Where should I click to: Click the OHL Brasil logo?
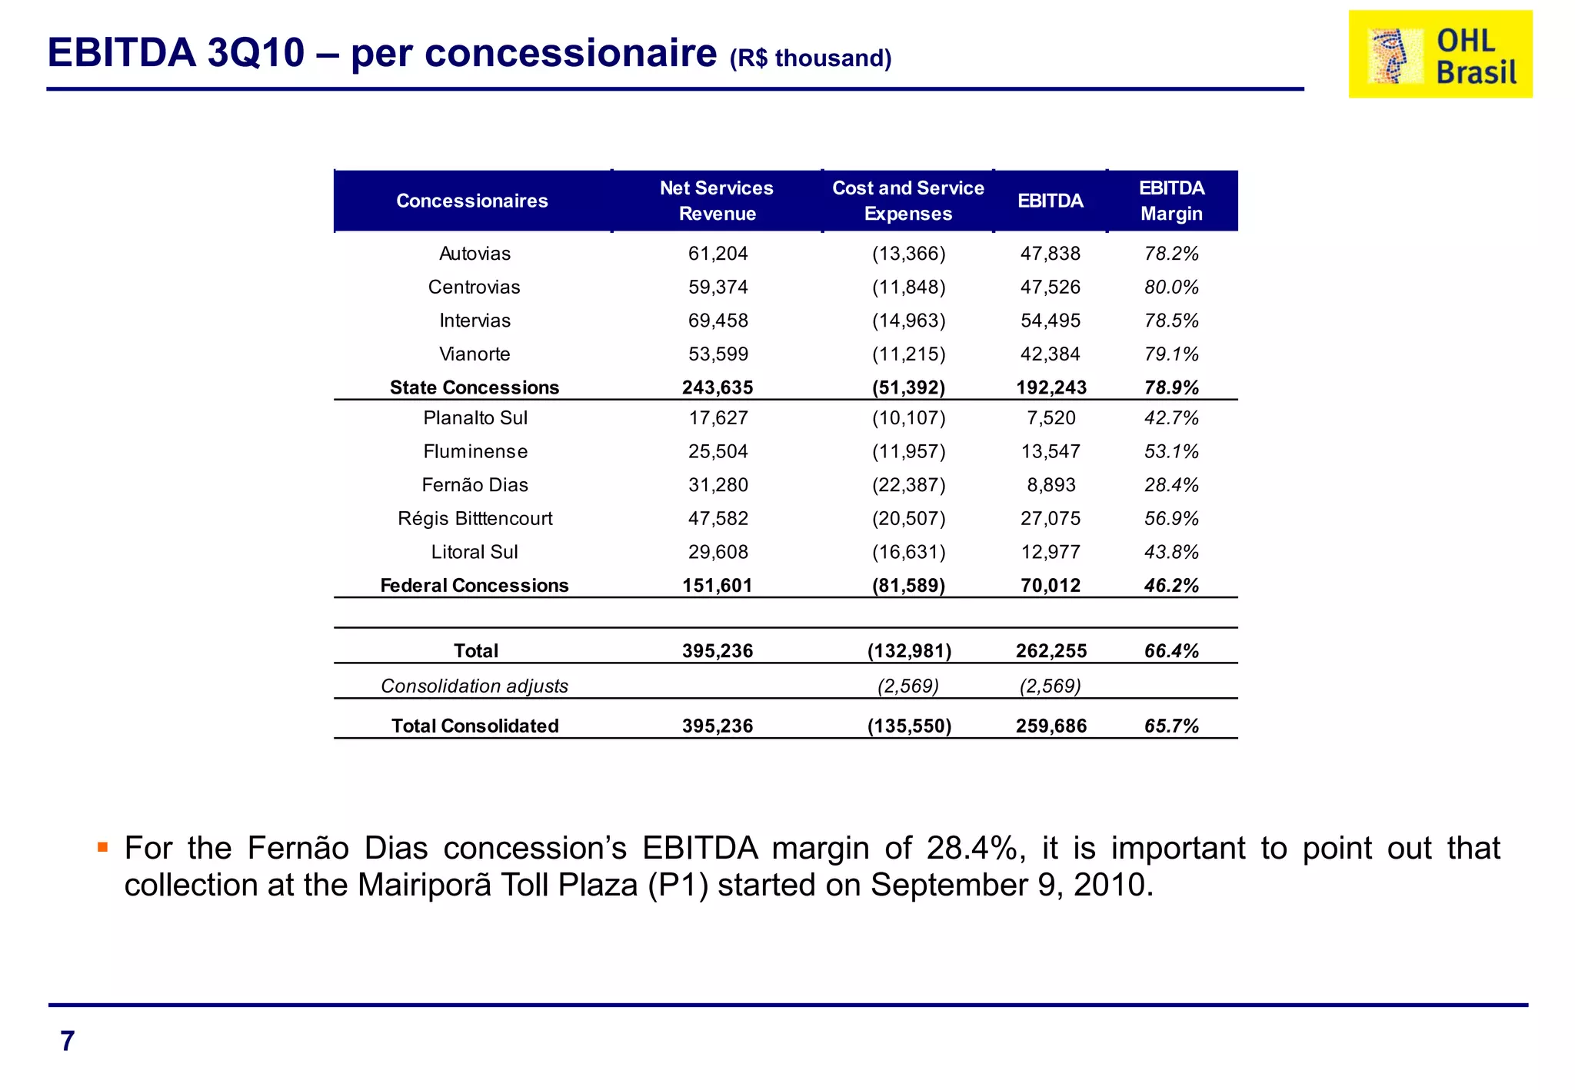(x=1440, y=54)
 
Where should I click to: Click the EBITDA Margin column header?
(x=1171, y=201)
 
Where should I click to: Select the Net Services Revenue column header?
(x=717, y=201)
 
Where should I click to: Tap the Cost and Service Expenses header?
(x=907, y=201)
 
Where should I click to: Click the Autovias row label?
(x=474, y=254)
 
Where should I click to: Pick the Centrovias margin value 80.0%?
(x=1171, y=287)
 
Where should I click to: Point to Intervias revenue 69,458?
(x=718, y=321)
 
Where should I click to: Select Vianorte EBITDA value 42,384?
(x=1050, y=354)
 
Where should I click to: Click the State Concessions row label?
(x=474, y=387)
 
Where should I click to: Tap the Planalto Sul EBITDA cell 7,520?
(x=1051, y=418)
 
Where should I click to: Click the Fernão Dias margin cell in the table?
(x=1171, y=485)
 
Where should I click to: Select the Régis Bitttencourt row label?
(x=474, y=519)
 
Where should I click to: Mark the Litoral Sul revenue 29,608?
(x=718, y=552)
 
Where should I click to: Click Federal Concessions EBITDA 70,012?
(x=1051, y=586)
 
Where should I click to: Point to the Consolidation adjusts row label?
(x=474, y=686)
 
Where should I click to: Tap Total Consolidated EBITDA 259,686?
(x=1051, y=726)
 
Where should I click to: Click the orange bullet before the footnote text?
(x=102, y=848)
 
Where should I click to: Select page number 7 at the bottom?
(x=68, y=1041)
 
